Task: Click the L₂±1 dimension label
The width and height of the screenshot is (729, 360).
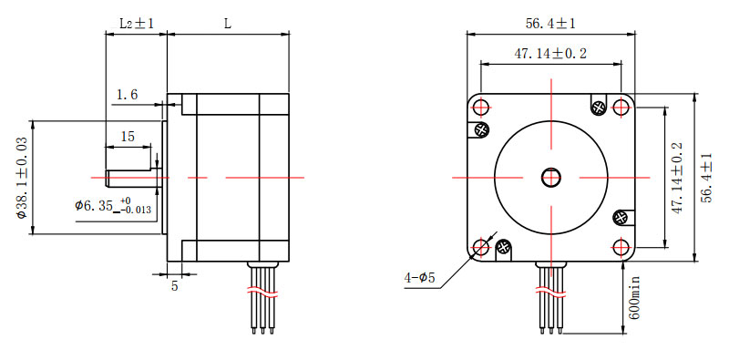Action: pos(136,24)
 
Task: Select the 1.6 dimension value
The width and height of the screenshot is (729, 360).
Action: pos(127,95)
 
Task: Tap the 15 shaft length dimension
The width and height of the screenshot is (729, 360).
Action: pos(128,137)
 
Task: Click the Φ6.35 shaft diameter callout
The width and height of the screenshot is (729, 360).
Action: pos(113,206)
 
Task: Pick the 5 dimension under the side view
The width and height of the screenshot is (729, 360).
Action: pos(174,285)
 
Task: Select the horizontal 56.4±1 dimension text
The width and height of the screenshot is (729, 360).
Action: pos(550,24)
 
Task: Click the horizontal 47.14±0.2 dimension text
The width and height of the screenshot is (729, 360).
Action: pos(550,54)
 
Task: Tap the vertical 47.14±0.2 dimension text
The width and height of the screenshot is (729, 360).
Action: pos(677,178)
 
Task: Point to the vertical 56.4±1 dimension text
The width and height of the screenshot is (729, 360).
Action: pos(707,178)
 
